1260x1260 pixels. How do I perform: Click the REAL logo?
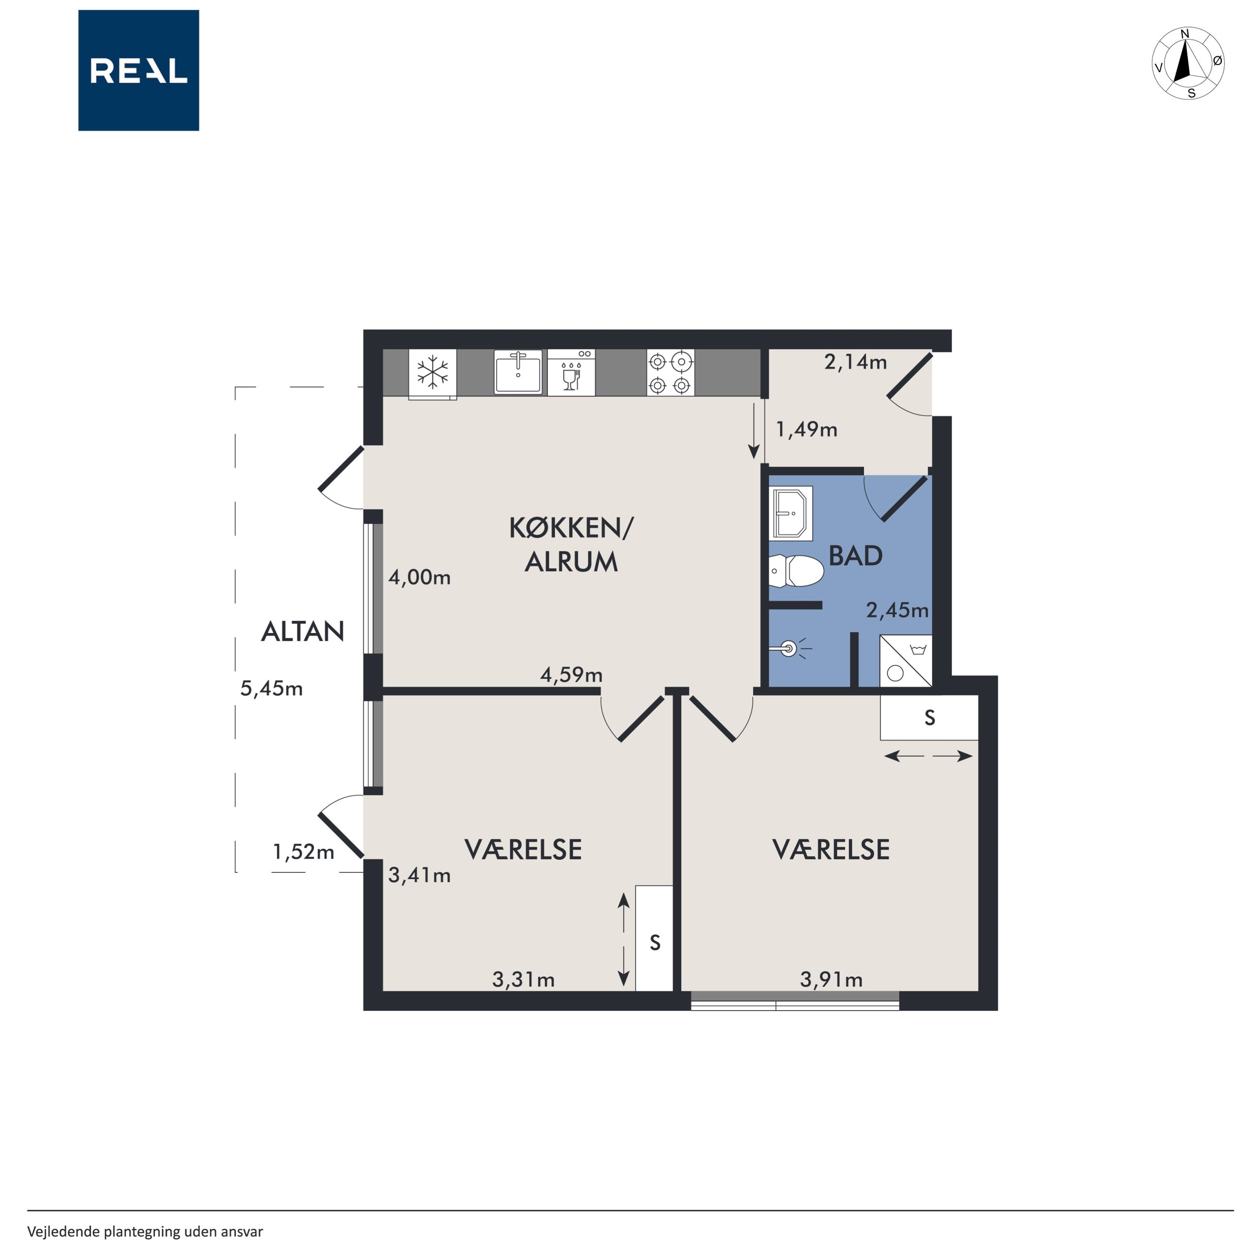(x=138, y=70)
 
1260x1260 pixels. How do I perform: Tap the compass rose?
(x=1188, y=64)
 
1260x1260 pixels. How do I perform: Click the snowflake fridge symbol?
(x=432, y=373)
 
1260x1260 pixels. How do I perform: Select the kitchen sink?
(x=518, y=372)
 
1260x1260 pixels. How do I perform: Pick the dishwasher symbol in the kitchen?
(x=571, y=372)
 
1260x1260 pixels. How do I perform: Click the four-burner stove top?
(x=670, y=372)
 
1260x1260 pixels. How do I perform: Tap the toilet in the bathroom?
(x=796, y=571)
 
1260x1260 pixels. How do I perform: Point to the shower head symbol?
(x=790, y=649)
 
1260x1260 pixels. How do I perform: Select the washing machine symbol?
(x=906, y=661)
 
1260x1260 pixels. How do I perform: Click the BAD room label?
(x=855, y=556)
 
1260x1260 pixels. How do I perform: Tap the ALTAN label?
(x=302, y=631)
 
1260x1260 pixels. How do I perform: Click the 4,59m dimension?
(x=571, y=675)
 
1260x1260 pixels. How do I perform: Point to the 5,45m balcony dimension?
(x=271, y=689)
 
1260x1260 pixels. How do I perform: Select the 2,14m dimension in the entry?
(x=855, y=362)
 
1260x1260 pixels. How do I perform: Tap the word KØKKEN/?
(x=571, y=528)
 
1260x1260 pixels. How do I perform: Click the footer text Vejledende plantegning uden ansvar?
(x=145, y=1231)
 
